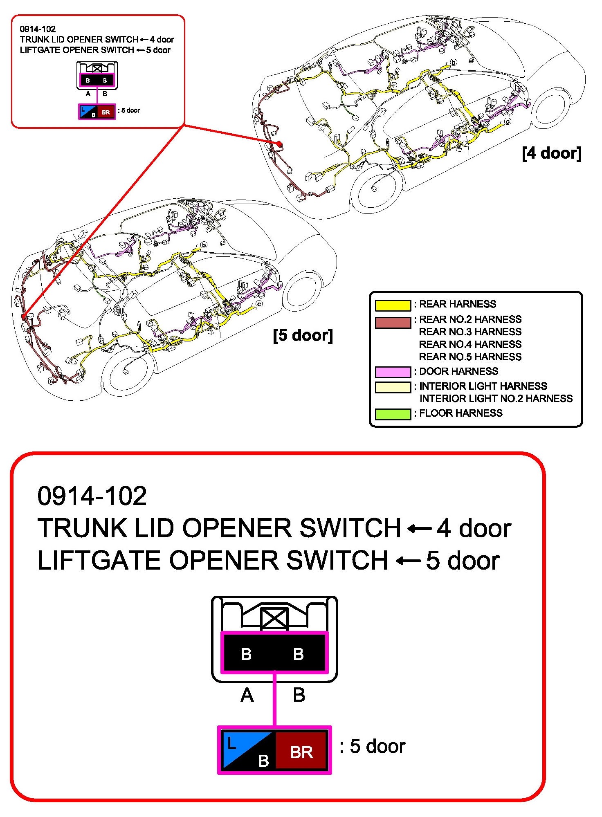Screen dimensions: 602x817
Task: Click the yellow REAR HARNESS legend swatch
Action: point(393,305)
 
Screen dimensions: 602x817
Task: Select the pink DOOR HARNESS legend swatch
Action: point(393,372)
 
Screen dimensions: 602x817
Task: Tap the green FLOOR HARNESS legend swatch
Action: point(393,414)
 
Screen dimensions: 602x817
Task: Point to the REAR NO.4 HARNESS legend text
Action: point(470,344)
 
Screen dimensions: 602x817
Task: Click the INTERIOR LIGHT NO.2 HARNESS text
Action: point(496,399)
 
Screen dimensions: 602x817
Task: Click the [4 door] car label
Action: point(551,153)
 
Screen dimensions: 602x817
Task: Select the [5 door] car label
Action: point(303,335)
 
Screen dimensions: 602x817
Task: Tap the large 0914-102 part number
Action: point(92,496)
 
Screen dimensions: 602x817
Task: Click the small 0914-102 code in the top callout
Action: point(38,29)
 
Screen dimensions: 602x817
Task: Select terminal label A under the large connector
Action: point(247,695)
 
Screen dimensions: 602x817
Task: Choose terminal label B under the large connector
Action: point(299,695)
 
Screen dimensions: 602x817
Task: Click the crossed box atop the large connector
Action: point(274,618)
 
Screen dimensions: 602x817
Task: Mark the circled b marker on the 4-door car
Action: point(453,63)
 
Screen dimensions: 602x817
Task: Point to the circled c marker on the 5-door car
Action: point(259,304)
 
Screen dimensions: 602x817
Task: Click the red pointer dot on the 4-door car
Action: point(279,144)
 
